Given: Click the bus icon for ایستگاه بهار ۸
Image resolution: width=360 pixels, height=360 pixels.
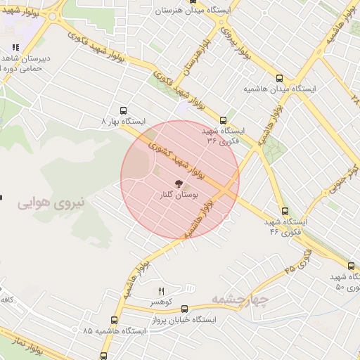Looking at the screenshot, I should tap(124, 110).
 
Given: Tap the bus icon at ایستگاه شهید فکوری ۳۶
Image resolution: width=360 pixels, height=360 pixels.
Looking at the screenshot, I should tap(224, 120).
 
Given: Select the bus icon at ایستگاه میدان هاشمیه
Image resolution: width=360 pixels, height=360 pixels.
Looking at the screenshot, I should tap(280, 79).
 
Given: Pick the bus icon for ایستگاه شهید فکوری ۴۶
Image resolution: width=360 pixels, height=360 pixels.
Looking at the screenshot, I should tap(285, 210).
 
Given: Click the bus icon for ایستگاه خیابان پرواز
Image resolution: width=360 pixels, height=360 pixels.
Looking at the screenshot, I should tap(185, 309).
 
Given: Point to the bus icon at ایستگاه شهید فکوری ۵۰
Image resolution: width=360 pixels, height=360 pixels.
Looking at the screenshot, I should tap(351, 266).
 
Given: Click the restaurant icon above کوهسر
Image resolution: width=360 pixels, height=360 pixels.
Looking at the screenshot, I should tap(162, 291).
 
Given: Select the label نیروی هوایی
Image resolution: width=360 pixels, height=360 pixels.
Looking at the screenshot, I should tap(50, 203).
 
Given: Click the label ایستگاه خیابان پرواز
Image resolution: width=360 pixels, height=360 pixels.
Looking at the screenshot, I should tap(185, 319).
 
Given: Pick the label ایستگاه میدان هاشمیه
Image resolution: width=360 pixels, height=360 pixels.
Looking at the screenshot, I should tap(280, 90).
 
